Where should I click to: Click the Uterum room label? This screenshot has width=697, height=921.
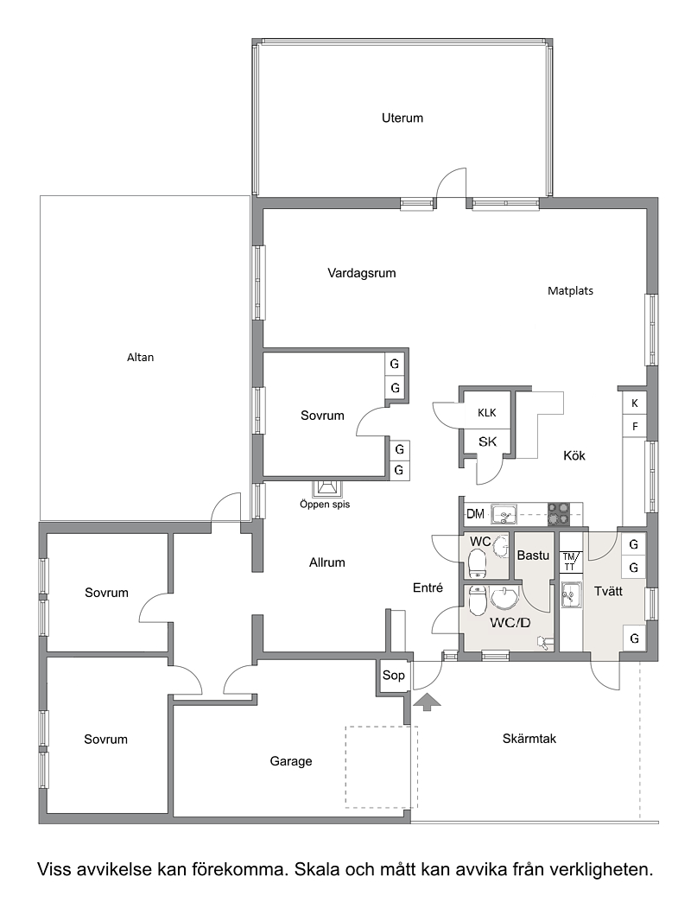(x=402, y=118)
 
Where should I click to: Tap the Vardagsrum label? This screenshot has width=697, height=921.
(x=362, y=273)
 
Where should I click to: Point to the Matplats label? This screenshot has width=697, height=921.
(x=570, y=291)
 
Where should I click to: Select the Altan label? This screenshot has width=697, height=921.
(x=140, y=357)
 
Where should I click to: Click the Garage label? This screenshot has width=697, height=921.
(x=291, y=761)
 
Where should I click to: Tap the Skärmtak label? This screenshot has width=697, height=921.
(x=529, y=739)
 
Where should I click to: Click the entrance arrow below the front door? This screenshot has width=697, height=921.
(x=428, y=702)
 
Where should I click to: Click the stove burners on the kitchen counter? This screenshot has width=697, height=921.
(x=559, y=514)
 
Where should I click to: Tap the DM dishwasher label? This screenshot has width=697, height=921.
(x=475, y=515)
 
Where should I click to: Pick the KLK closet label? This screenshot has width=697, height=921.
(x=487, y=413)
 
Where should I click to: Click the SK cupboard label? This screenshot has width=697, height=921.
(x=487, y=441)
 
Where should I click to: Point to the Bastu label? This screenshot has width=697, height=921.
(x=533, y=555)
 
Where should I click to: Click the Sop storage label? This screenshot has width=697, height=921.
(x=394, y=676)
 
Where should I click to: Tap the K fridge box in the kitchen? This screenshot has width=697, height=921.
(x=635, y=403)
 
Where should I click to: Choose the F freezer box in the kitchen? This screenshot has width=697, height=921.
(x=635, y=427)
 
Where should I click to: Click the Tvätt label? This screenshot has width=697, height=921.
(x=608, y=592)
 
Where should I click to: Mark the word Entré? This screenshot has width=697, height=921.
(x=428, y=588)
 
